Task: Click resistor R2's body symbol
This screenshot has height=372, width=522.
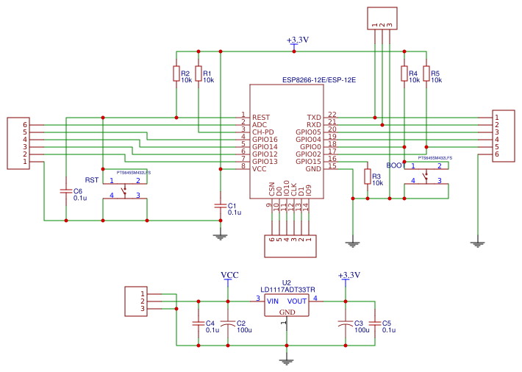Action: point(176,74)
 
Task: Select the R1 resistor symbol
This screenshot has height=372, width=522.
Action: point(199,74)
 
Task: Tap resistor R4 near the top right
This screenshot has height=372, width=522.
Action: point(404,74)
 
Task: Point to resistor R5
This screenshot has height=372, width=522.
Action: point(426,74)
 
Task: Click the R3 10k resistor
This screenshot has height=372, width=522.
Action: point(368,176)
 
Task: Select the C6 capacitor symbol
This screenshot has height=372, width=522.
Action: point(66,191)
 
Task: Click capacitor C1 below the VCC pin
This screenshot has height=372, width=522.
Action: point(219,205)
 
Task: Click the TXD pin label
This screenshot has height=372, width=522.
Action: point(314,118)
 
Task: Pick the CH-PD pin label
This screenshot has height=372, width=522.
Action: point(263,132)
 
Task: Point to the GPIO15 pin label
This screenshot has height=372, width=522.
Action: point(308,161)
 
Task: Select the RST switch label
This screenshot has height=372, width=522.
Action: point(91,180)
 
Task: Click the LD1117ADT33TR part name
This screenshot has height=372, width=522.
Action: point(287,290)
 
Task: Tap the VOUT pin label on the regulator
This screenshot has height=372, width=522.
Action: point(297,301)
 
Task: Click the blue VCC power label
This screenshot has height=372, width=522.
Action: point(229,275)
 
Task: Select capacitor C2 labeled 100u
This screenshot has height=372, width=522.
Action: point(229,323)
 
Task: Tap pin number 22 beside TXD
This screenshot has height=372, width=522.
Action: point(332,115)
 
